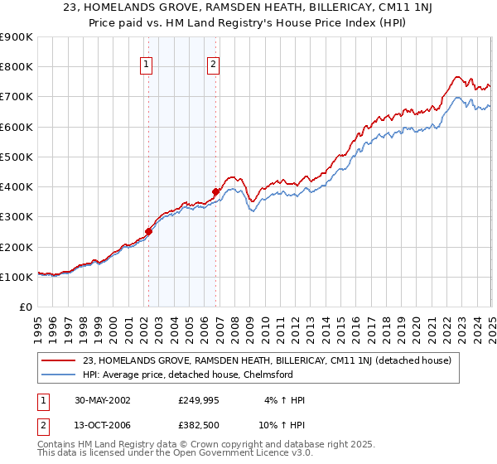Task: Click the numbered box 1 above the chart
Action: [146, 65]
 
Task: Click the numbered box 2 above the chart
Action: [213, 65]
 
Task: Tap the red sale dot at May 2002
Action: [149, 231]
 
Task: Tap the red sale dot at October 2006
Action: [215, 191]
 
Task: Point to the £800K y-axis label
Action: [17, 67]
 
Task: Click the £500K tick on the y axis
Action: [17, 157]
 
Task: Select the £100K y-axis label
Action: [17, 277]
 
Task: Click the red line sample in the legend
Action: [59, 360]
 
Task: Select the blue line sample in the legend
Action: [59, 375]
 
